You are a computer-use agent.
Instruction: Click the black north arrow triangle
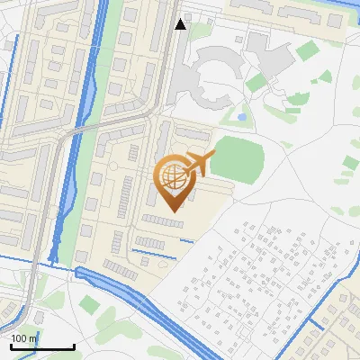tap(180, 24)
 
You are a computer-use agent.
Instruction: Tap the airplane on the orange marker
tap(200, 163)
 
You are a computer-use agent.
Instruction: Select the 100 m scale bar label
tap(24, 338)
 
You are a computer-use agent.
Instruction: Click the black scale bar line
tap(42, 347)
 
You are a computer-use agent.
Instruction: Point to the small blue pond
tap(242, 116)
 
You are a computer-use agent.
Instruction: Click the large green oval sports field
tap(237, 158)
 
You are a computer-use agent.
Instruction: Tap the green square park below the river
tap(88, 305)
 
